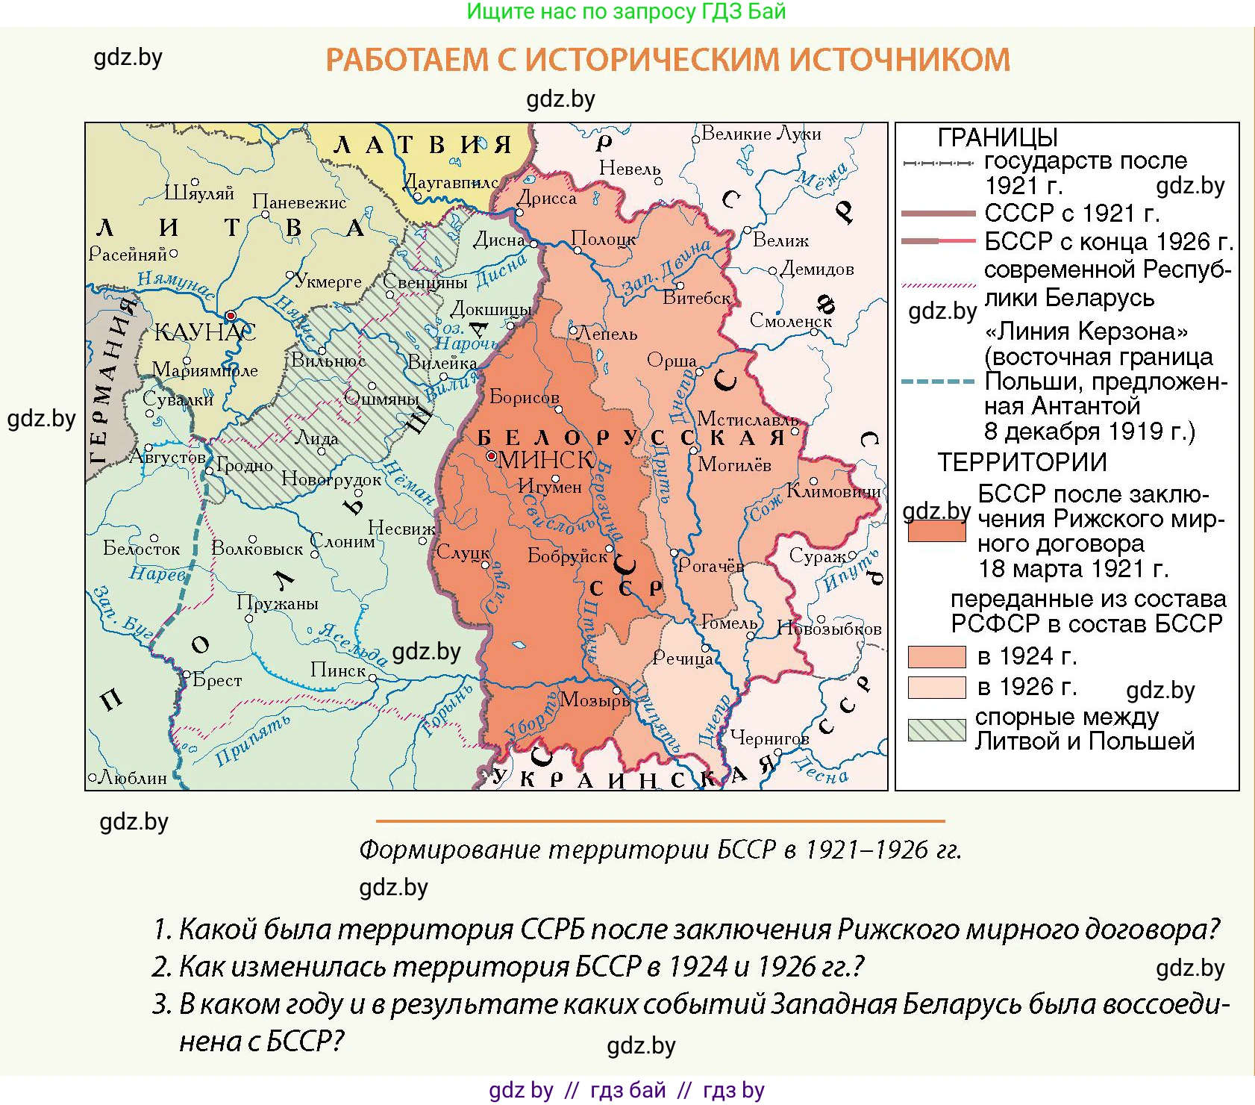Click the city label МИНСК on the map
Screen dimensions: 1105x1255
pos(545,460)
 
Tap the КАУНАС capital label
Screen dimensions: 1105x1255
pos(204,331)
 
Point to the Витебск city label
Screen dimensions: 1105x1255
pos(697,298)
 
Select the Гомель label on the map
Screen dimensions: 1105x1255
pos(729,622)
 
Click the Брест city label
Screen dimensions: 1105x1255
pos(217,680)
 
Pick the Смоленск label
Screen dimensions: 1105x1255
pos(790,321)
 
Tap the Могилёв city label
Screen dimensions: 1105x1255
pos(734,465)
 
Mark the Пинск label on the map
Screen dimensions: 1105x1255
pos(338,670)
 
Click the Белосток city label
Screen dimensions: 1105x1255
pos(142,549)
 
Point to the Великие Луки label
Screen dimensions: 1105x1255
pos(761,134)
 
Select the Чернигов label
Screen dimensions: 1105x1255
pos(769,738)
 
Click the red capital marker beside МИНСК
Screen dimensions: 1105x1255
pos(491,455)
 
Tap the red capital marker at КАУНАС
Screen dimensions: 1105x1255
pos(231,316)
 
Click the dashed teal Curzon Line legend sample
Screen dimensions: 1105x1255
pos(937,382)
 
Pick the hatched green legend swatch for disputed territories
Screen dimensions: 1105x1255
pos(936,729)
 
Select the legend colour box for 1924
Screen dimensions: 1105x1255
pos(936,656)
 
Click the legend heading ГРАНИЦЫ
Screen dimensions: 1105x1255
pos(998,137)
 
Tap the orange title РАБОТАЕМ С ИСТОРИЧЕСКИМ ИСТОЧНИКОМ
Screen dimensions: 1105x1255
pos(668,60)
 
